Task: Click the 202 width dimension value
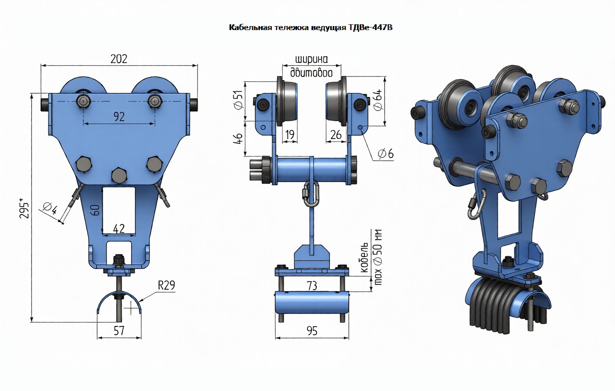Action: (x=119, y=59)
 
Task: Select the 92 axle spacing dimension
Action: (x=119, y=116)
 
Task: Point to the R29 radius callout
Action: (x=167, y=285)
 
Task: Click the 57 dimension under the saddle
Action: (x=119, y=330)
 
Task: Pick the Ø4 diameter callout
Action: (x=50, y=207)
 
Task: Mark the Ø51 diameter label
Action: (x=238, y=100)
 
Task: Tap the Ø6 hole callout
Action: (x=386, y=153)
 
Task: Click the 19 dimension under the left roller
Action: (x=289, y=134)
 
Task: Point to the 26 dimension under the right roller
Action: (x=336, y=134)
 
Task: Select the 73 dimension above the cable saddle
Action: (x=312, y=286)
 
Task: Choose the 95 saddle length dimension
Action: (x=312, y=331)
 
